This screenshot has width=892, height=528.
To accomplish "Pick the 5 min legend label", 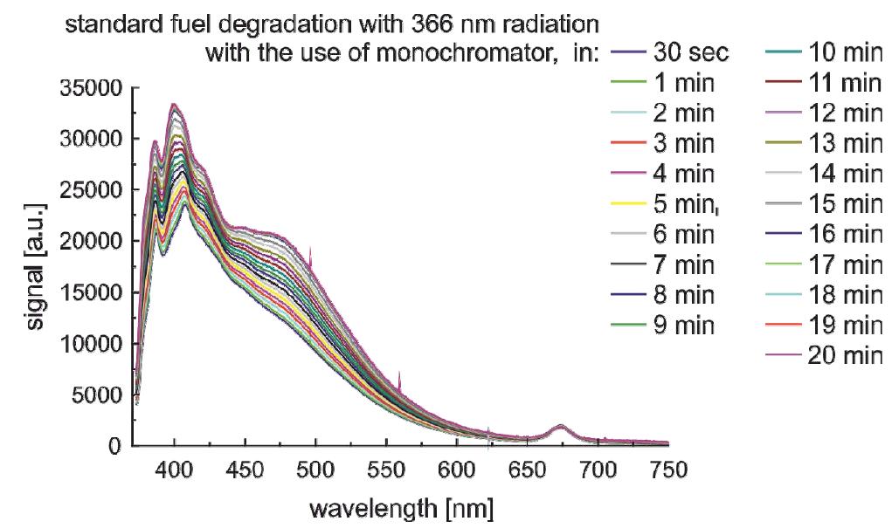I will tap(684, 205).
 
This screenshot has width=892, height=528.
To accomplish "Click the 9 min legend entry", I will tap(684, 326).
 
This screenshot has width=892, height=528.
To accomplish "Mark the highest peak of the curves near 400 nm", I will tap(174, 105).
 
